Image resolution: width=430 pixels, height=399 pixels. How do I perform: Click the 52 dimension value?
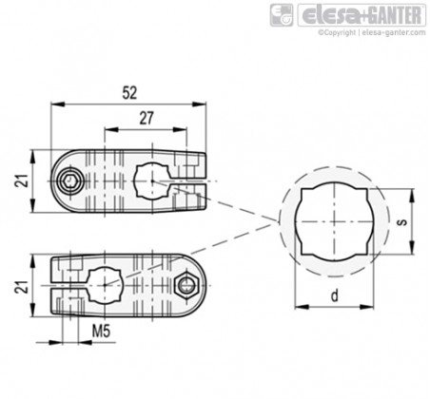[129, 93]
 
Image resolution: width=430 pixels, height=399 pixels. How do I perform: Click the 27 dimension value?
[147, 119]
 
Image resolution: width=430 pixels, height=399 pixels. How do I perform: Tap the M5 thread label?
[101, 332]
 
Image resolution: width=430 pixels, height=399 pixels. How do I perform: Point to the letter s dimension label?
[401, 221]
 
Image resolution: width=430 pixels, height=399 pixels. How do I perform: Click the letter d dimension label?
[334, 296]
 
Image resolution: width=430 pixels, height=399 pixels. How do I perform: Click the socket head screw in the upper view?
[69, 181]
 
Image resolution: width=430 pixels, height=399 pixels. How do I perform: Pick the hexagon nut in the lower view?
[186, 287]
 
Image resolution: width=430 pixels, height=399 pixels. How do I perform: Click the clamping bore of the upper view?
[152, 180]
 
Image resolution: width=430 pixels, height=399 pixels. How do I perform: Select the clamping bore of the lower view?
[105, 285]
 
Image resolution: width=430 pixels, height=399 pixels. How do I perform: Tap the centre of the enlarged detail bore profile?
[334, 221]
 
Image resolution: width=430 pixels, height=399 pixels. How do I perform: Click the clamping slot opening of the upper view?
[189, 181]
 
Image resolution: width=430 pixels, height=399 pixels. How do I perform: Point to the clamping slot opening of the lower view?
[68, 285]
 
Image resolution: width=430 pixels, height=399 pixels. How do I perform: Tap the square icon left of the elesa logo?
[282, 15]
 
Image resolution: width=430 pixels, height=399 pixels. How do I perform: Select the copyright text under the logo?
[372, 32]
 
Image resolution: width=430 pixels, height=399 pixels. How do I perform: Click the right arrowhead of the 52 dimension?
[199, 104]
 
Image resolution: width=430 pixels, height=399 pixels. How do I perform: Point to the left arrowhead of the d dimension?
[302, 307]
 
